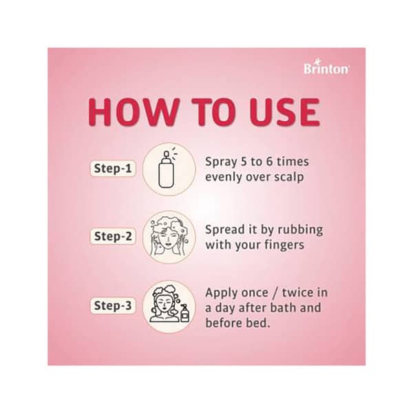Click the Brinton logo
[327, 67]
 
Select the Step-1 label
[112, 168]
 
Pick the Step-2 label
[112, 235]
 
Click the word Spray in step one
[222, 162]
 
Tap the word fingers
[284, 244]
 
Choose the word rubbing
[301, 229]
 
